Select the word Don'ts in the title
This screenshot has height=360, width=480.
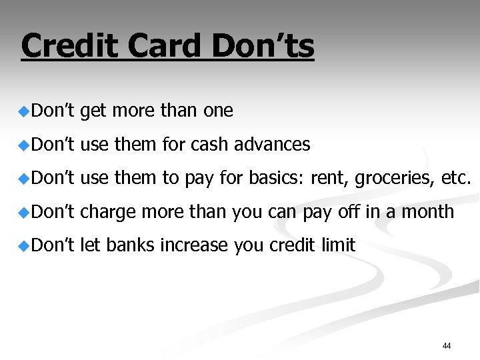pyautogui.click(x=263, y=47)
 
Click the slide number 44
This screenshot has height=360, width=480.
pyautogui.click(x=447, y=346)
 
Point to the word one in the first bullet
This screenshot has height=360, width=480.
pyautogui.click(x=218, y=111)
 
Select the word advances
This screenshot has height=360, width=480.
pyautogui.click(x=277, y=145)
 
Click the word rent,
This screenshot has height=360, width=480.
pyautogui.click(x=329, y=179)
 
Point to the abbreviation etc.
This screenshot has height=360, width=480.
pyautogui.click(x=456, y=179)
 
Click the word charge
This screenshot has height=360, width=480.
pyautogui.click(x=108, y=212)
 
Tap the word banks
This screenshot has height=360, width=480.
pyautogui.click(x=129, y=245)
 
